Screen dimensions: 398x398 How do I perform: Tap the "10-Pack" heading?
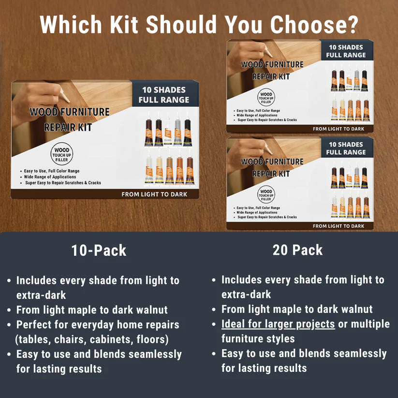(x=99, y=251)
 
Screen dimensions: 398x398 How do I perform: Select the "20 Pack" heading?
(x=297, y=250)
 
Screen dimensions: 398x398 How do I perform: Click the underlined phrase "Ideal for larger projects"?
(x=278, y=324)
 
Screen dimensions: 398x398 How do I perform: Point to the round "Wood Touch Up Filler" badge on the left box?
(x=61, y=155)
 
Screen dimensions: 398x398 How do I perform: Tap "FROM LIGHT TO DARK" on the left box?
(x=154, y=194)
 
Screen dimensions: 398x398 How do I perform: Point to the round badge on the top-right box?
(x=266, y=97)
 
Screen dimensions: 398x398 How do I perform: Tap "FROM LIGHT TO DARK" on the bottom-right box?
(x=339, y=226)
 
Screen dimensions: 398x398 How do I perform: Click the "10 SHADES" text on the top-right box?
(x=346, y=47)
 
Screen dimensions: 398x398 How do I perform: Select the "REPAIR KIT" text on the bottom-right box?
(x=271, y=173)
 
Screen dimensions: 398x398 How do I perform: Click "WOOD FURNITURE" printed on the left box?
(x=70, y=112)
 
